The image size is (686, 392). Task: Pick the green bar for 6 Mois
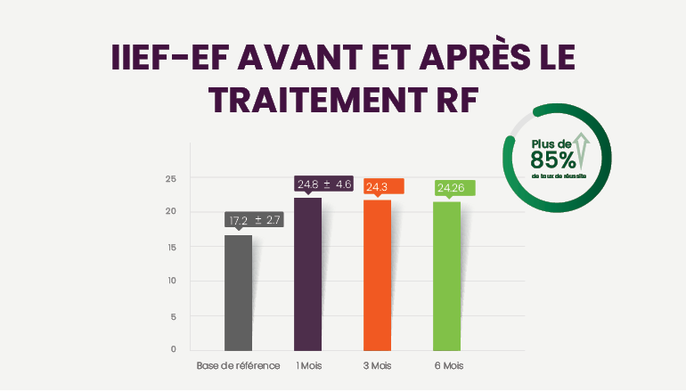(x=446, y=275)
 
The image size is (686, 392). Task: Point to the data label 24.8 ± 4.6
(x=324, y=184)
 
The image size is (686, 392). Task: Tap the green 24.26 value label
(x=453, y=188)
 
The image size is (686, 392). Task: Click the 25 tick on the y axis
(x=171, y=179)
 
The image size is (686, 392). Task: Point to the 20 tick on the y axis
(x=171, y=212)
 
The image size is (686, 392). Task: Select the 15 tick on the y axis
(x=171, y=247)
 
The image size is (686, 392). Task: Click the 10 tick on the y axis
(x=171, y=282)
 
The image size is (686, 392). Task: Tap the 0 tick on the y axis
(x=174, y=349)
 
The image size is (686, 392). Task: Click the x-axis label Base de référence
(x=238, y=366)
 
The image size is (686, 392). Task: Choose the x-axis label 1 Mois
(x=308, y=366)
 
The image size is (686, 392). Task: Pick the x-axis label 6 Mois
(x=448, y=366)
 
